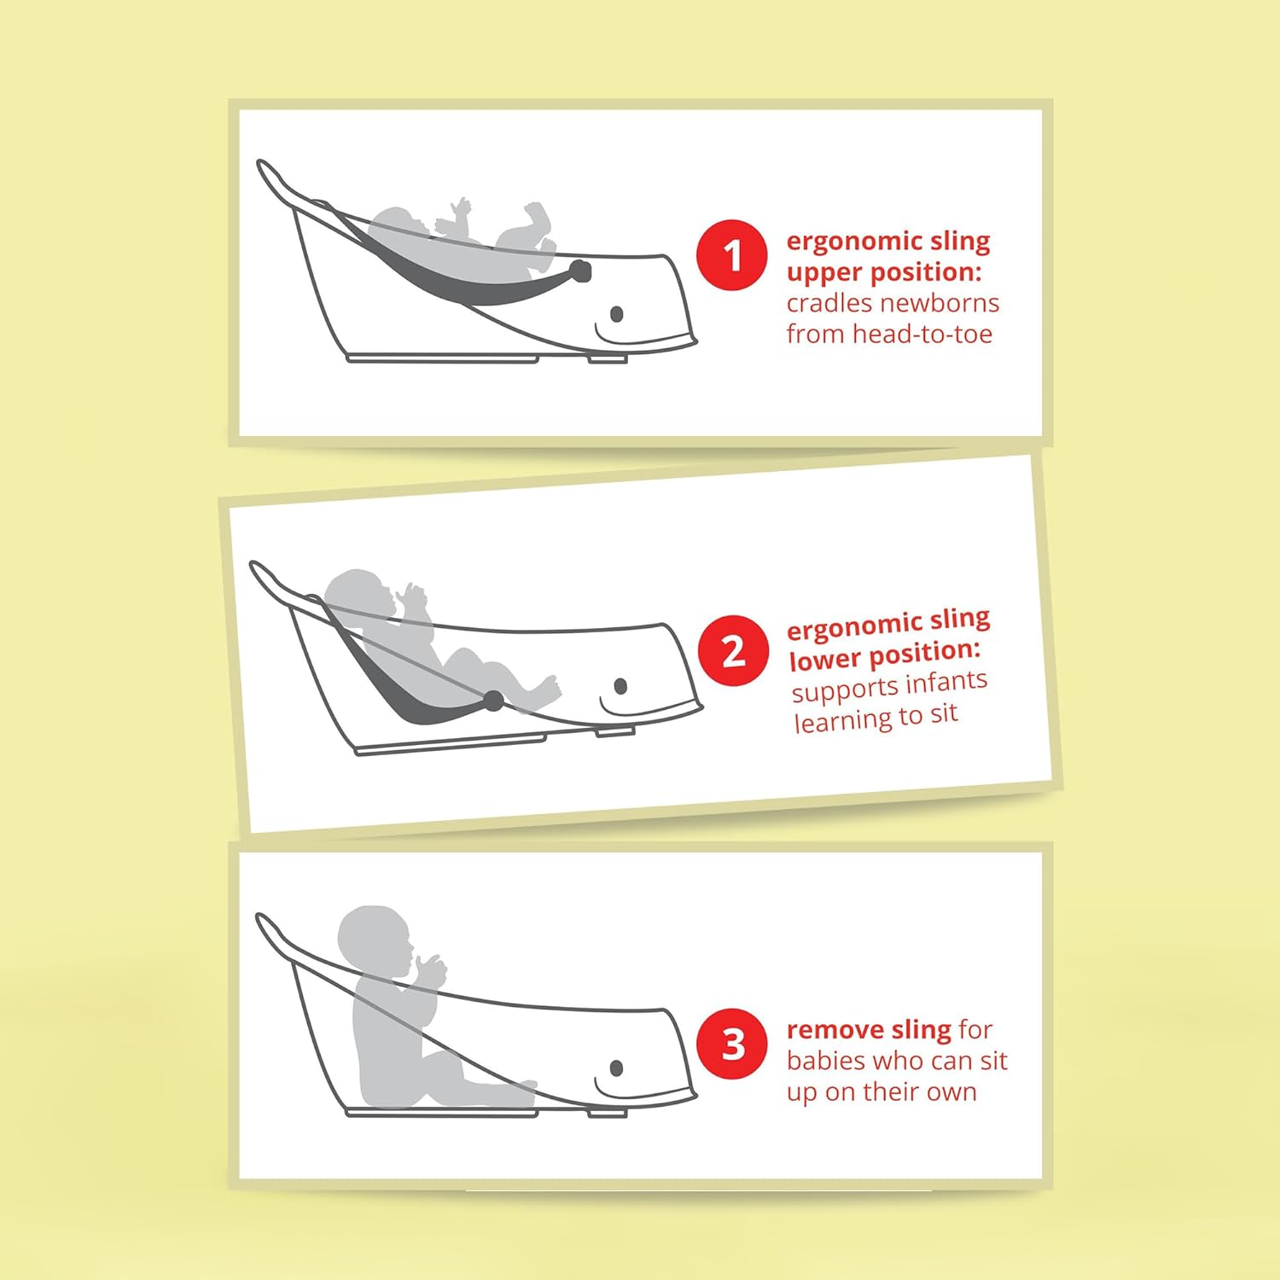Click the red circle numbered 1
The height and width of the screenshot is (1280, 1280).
(x=732, y=255)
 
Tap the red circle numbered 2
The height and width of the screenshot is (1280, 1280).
(x=733, y=651)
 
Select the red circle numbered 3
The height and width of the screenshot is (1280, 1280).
(x=732, y=1044)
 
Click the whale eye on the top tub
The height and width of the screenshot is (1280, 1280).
(x=617, y=315)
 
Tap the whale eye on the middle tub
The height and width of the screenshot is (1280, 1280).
(x=620, y=686)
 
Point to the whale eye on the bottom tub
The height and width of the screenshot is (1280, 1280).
(x=617, y=1068)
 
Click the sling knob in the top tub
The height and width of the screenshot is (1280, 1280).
(x=580, y=271)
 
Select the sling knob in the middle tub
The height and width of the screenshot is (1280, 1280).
(x=493, y=701)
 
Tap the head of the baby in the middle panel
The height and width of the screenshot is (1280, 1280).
(x=358, y=597)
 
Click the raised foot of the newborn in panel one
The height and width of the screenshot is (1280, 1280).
(x=537, y=213)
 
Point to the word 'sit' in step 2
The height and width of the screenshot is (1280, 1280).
(x=943, y=713)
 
